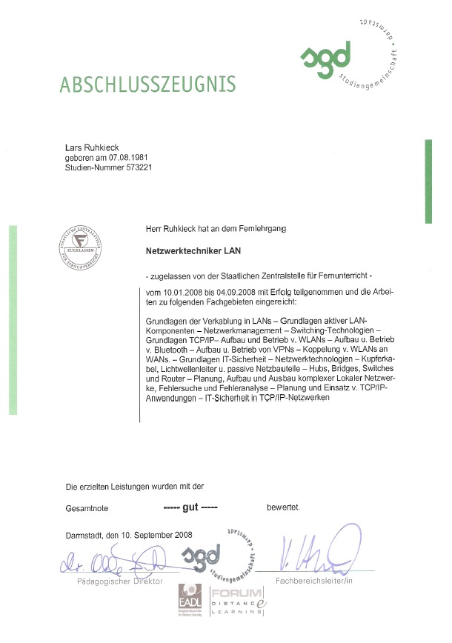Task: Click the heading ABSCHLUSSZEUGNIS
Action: point(148,82)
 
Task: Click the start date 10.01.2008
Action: point(180,293)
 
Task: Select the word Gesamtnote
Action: point(87,508)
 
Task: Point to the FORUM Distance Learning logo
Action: point(236,602)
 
